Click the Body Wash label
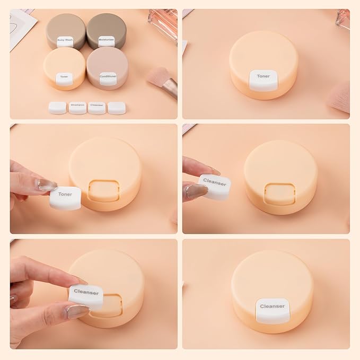[x=65, y=40]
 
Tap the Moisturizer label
[x=107, y=40]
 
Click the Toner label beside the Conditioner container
[x=64, y=77]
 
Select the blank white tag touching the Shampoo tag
[x=57, y=107]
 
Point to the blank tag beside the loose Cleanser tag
[x=117, y=107]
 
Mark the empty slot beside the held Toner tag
[x=102, y=190]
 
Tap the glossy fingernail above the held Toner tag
[x=47, y=185]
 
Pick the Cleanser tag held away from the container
[x=215, y=185]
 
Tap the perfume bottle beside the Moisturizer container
[x=162, y=21]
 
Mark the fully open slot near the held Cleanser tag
[x=278, y=192]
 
